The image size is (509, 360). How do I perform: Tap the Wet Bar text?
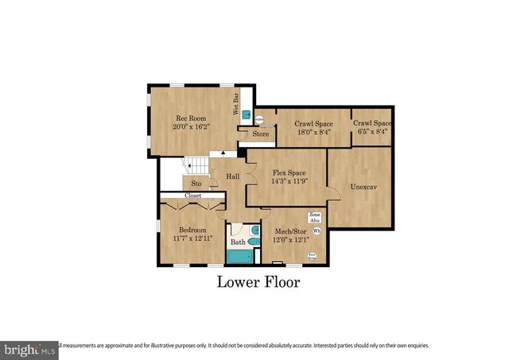[236, 106]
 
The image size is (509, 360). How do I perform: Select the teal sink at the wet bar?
[247, 114]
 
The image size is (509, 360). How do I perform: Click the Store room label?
[261, 134]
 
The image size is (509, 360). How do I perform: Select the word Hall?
[232, 176]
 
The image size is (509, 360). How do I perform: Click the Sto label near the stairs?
[196, 183]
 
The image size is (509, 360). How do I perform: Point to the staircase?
[194, 166]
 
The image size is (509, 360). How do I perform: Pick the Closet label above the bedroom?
[192, 195]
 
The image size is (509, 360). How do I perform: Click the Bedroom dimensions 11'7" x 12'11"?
[192, 238]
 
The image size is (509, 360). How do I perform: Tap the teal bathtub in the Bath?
[239, 256]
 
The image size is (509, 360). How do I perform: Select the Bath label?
[238, 242]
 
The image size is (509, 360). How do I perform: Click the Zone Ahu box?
[314, 218]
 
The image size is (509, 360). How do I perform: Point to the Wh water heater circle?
[317, 231]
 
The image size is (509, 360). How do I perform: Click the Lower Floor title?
[258, 282]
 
